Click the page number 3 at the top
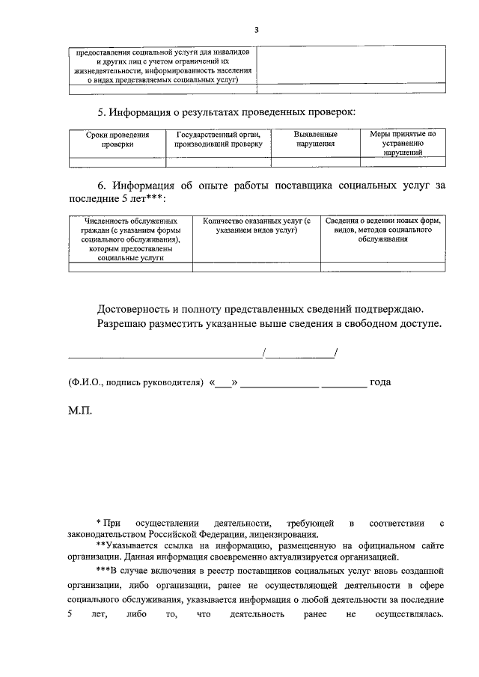click(x=256, y=30)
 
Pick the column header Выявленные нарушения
click(x=315, y=140)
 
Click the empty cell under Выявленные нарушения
click(x=315, y=161)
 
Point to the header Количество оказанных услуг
click(x=257, y=227)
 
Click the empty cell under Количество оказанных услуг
click(x=257, y=266)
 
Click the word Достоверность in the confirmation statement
click(x=134, y=308)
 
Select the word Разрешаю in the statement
click(x=123, y=324)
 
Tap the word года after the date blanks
click(x=380, y=382)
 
